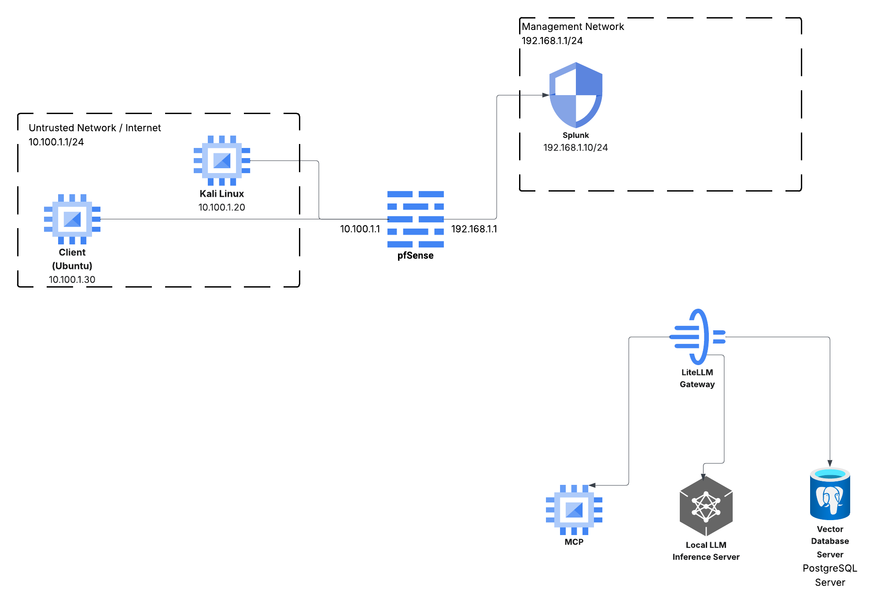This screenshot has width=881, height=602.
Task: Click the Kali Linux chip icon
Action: click(222, 160)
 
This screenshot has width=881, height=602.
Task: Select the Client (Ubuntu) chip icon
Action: click(72, 219)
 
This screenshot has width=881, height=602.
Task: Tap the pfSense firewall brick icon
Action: click(415, 219)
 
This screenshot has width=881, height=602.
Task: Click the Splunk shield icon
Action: click(575, 95)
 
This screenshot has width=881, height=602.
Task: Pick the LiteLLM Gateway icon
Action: click(697, 337)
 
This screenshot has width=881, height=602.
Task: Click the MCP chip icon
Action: click(574, 510)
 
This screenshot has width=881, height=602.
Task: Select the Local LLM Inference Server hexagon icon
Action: click(706, 506)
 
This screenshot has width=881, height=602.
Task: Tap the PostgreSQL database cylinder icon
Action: click(830, 494)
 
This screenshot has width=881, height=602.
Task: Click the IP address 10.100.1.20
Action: click(221, 207)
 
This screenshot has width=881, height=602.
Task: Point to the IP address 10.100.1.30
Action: click(72, 280)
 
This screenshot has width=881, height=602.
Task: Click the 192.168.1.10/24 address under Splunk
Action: click(575, 148)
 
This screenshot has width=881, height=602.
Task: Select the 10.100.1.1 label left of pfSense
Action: click(360, 229)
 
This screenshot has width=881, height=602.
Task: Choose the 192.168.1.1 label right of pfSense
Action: click(474, 229)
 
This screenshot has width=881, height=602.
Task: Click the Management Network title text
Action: click(572, 26)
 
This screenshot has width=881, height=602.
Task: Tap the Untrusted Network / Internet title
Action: click(95, 128)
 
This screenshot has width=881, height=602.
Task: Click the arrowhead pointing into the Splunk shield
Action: click(546, 95)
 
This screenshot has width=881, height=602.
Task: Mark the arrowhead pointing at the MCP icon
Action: click(592, 485)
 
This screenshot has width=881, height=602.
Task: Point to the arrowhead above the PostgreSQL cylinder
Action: click(830, 463)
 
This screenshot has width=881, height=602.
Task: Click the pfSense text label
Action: click(415, 255)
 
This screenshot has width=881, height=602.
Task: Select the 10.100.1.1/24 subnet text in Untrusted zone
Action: click(56, 142)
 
